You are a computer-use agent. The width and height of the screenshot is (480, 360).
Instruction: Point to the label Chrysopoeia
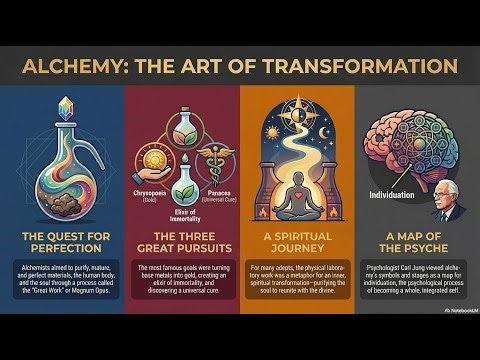150,187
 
